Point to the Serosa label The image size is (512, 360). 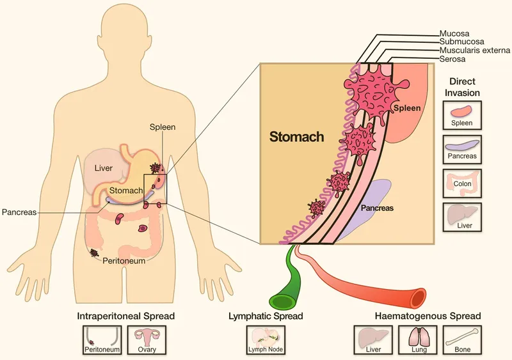453,59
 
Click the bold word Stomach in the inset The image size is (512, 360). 296,136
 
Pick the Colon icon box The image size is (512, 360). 462,183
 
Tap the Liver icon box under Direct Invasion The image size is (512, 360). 462,216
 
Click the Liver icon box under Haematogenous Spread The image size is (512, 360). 372,340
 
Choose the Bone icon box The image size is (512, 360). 463,340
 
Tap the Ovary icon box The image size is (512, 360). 147,340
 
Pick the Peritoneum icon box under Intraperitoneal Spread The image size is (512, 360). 102,340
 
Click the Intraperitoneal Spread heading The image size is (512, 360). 125,316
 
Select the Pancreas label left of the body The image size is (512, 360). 19,212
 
